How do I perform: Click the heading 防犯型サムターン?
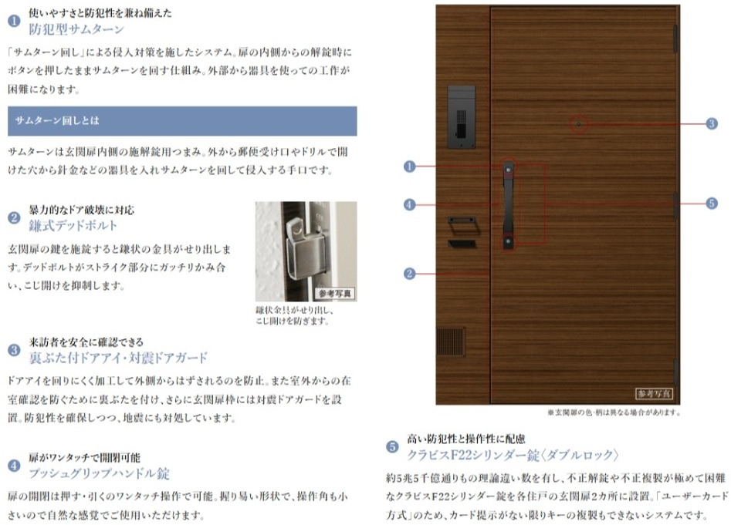click(x=76, y=29)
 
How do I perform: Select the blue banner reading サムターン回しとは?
click(x=182, y=121)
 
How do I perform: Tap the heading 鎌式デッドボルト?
click(x=73, y=226)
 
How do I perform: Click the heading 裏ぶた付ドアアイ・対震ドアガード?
click(x=118, y=358)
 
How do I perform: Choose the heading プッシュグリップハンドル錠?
click(x=99, y=473)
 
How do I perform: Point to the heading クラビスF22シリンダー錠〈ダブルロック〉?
click(x=513, y=455)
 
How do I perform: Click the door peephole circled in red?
click(x=579, y=124)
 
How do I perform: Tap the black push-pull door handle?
click(x=508, y=205)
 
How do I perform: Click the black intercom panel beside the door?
click(x=461, y=117)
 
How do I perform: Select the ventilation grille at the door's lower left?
click(x=451, y=342)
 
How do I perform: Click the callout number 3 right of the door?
click(x=712, y=124)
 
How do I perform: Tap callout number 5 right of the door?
click(x=712, y=204)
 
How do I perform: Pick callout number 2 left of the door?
click(x=409, y=274)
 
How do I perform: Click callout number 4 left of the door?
click(x=409, y=205)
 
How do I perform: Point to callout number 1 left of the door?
click(x=409, y=167)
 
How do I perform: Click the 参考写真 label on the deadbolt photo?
click(x=335, y=294)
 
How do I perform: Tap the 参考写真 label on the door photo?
click(x=654, y=394)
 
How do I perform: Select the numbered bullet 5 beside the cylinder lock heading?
click(x=392, y=447)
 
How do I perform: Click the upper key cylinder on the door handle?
click(x=508, y=170)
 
